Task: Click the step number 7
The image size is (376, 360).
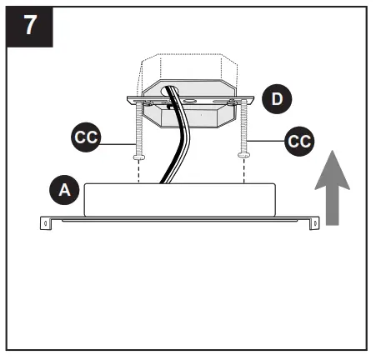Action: pyautogui.click(x=30, y=24)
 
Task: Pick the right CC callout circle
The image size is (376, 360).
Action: pyautogui.click(x=298, y=141)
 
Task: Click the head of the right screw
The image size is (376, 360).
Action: pyautogui.click(x=243, y=155)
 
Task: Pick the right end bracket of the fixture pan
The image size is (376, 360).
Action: pyautogui.click(x=316, y=222)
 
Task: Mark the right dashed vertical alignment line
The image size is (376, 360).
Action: pyautogui.click(x=243, y=171)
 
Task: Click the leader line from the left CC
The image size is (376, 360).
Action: pyautogui.click(x=117, y=142)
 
